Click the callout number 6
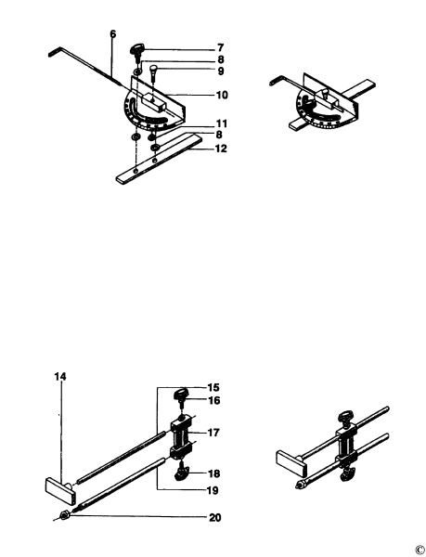(x=112, y=34)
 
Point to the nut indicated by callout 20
(x=63, y=515)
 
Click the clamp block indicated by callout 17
(x=181, y=437)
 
